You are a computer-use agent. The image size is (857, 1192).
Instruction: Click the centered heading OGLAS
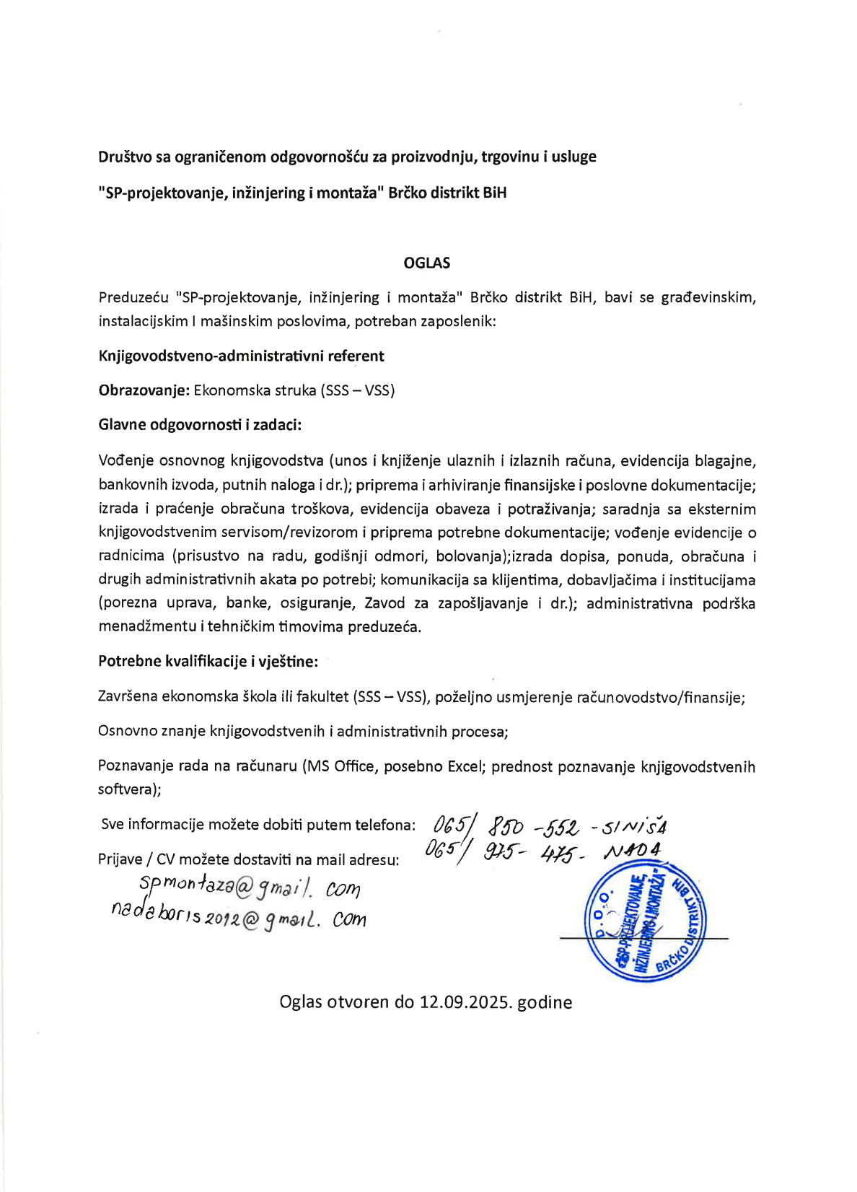pyautogui.click(x=426, y=263)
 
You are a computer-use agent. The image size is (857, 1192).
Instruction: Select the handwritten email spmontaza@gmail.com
pyautogui.click(x=250, y=887)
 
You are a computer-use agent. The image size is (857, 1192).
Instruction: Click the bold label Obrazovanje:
pyautogui.click(x=144, y=390)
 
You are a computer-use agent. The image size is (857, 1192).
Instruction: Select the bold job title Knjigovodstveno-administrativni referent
pyautogui.click(x=241, y=356)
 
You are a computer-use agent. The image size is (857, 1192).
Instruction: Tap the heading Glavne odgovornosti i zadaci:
pyautogui.click(x=200, y=424)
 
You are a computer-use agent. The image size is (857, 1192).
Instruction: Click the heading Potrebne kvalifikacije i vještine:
pyautogui.click(x=208, y=661)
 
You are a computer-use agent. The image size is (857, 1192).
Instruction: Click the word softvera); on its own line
pyautogui.click(x=129, y=789)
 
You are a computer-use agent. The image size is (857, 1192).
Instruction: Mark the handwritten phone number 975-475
pyautogui.click(x=532, y=853)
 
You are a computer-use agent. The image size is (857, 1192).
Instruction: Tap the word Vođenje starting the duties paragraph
pyautogui.click(x=126, y=461)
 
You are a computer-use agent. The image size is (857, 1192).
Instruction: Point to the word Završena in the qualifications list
pyautogui.click(x=128, y=697)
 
